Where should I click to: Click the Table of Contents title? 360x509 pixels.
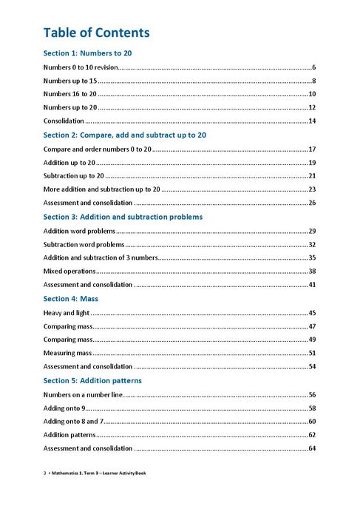click(x=96, y=33)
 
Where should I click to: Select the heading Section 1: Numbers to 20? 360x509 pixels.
click(x=87, y=53)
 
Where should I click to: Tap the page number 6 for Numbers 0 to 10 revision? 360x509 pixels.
click(x=313, y=67)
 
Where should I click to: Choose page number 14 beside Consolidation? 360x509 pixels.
click(x=312, y=121)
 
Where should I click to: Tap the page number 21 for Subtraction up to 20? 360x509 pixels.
click(x=312, y=176)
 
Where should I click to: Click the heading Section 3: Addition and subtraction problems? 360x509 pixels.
click(x=123, y=217)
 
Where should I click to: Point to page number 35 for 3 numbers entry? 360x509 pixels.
click(x=312, y=257)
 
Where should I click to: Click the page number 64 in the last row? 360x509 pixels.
click(x=312, y=448)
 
